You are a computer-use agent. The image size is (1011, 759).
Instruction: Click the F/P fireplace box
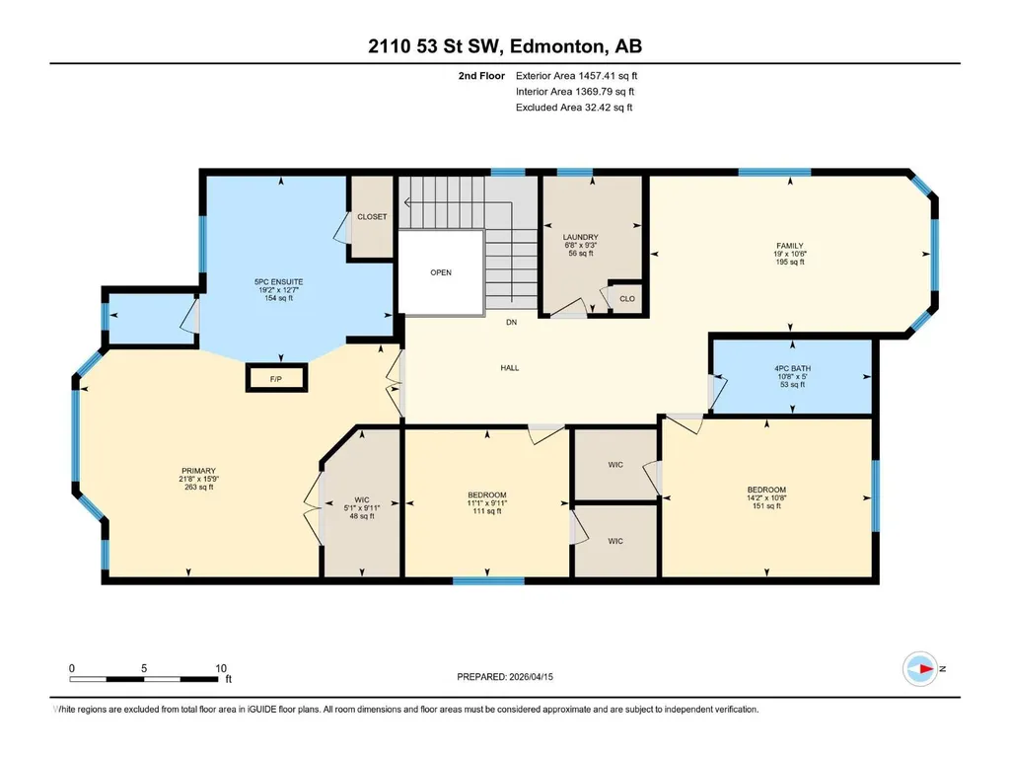coord(276,378)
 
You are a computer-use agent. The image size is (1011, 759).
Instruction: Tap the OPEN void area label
coord(441,272)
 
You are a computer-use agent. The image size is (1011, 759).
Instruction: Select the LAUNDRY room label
coord(580,237)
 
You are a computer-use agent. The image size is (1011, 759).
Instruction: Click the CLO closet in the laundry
coord(626,298)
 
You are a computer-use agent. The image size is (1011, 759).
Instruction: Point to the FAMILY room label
coord(790,245)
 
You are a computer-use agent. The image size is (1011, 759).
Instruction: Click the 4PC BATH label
coord(792,368)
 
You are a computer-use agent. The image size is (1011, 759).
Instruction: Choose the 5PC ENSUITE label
coord(278,282)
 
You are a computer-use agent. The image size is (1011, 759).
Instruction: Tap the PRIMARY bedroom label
coord(198,471)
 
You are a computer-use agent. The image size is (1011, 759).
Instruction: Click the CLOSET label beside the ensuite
coord(372,217)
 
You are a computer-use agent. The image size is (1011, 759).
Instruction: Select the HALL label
coord(510,368)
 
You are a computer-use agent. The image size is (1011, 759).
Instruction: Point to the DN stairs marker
coord(511,322)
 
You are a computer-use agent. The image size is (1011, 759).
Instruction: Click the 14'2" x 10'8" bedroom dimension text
coord(766,497)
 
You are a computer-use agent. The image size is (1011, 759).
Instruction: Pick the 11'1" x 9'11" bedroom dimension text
coord(487,503)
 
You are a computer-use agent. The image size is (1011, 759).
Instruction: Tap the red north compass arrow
coord(926,668)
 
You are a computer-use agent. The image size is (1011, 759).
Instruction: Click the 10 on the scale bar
coord(221,668)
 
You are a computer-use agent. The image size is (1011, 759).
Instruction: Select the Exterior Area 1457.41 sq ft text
coord(576,76)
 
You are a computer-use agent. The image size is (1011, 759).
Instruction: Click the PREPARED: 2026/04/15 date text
coord(505,677)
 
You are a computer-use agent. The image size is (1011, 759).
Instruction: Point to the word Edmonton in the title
coord(557,46)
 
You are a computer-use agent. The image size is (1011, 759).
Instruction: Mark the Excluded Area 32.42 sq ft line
coord(574,108)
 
